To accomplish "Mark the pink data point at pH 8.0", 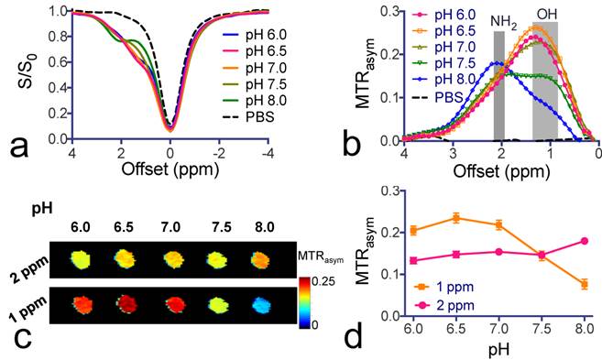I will tap(584, 241).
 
